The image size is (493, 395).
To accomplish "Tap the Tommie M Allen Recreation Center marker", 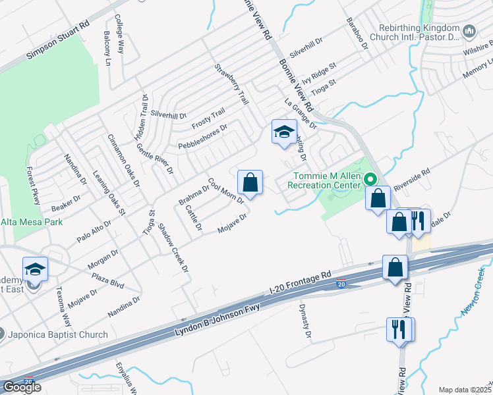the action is (x=370, y=179).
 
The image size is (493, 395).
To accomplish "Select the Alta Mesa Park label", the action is (x=32, y=222).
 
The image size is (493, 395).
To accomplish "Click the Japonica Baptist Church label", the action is (x=58, y=334).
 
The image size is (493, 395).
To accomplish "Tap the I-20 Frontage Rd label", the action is (x=300, y=282).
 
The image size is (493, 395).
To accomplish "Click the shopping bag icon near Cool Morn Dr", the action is (x=250, y=182).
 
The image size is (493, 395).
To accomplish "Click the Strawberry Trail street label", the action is (x=231, y=85).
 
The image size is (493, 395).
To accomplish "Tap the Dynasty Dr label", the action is (x=305, y=321).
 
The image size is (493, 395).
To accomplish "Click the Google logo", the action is (x=22, y=386).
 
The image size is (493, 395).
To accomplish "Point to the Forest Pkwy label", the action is (x=32, y=185).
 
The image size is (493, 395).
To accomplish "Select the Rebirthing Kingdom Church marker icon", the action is (x=469, y=31).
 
